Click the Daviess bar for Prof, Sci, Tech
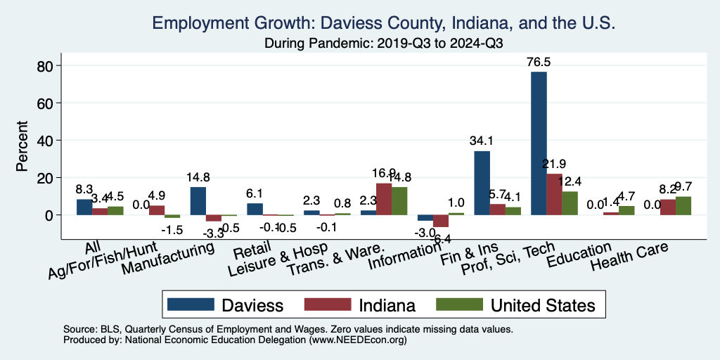539,143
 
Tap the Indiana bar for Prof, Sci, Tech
555,194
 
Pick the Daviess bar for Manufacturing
198,201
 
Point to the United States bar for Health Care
683,206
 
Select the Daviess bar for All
84,207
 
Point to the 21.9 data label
555,164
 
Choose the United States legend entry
516,304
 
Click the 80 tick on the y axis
46,66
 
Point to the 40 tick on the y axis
46,141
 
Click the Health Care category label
629,257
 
